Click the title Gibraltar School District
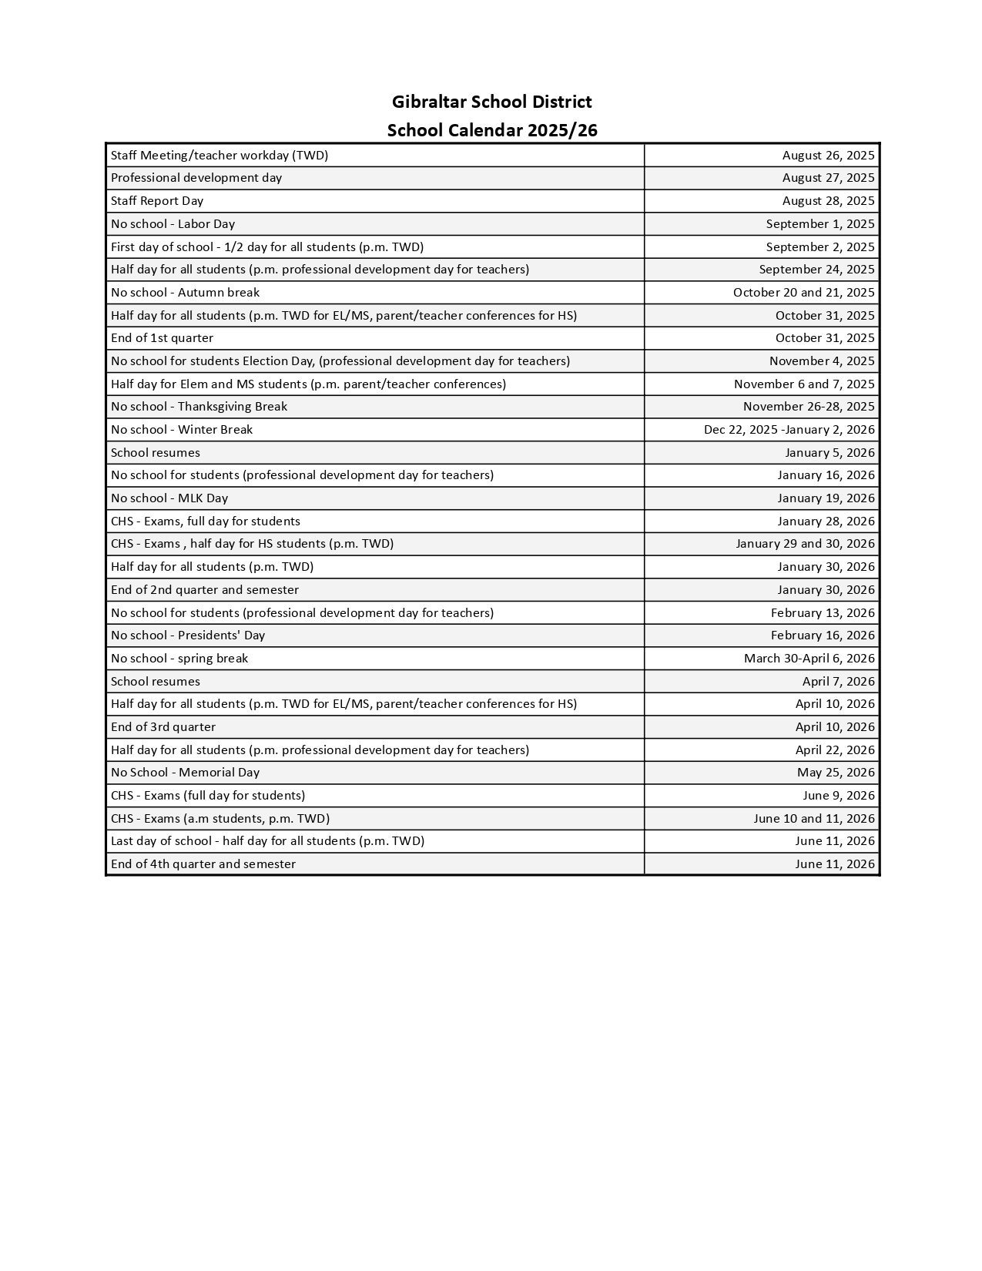pyautogui.click(x=491, y=102)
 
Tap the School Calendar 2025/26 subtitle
pyautogui.click(x=491, y=130)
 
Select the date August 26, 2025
pyautogui.click(x=828, y=155)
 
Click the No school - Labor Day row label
pyautogui.click(x=173, y=223)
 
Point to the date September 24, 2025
pyautogui.click(x=816, y=269)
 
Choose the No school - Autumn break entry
pyautogui.click(x=185, y=292)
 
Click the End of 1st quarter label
pyautogui.click(x=162, y=337)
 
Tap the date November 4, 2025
pyautogui.click(x=822, y=361)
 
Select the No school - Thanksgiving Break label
pyautogui.click(x=199, y=406)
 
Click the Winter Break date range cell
pyautogui.click(x=789, y=429)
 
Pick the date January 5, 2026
pyautogui.click(x=830, y=452)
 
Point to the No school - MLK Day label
pyautogui.click(x=169, y=498)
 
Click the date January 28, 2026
pyautogui.click(x=826, y=521)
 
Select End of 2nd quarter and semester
pyautogui.click(x=205, y=589)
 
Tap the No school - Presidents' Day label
pyautogui.click(x=188, y=635)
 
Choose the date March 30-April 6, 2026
pyautogui.click(x=809, y=658)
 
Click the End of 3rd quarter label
pyautogui.click(x=163, y=726)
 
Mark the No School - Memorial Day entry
pyautogui.click(x=185, y=772)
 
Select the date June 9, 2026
pyautogui.click(x=838, y=795)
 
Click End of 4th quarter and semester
pyautogui.click(x=203, y=864)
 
